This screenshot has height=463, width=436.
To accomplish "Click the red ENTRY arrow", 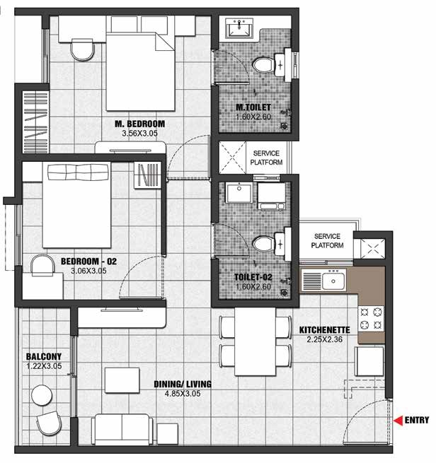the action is tap(398, 420).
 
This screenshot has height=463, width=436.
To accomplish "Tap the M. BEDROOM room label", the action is tap(140, 124).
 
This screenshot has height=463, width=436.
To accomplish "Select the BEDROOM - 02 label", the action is tap(88, 262).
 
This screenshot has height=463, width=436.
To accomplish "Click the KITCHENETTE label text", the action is tap(325, 330).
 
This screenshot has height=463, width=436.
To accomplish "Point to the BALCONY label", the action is tap(44, 356).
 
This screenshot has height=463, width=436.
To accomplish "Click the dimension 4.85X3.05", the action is tap(183, 394).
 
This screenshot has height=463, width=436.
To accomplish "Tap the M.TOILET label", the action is tap(253, 107).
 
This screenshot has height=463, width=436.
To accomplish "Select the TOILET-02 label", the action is tap(253, 277).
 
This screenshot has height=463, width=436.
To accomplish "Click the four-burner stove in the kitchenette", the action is tap(371, 319).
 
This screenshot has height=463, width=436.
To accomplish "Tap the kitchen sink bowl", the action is tap(333, 281).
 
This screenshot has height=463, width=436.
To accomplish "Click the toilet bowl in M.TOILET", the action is tap(263, 64).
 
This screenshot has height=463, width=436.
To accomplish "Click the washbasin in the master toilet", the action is tap(239, 29).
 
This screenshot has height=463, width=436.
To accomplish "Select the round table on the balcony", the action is tap(42, 395).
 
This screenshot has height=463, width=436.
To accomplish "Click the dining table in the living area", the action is tap(255, 341).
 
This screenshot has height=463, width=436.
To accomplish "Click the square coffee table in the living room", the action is tap(122, 380).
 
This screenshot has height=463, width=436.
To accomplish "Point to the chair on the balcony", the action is tap(49, 423).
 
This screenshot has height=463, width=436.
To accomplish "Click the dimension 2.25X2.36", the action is tap(325, 339).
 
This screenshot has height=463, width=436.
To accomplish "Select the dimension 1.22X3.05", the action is tap(44, 366).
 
